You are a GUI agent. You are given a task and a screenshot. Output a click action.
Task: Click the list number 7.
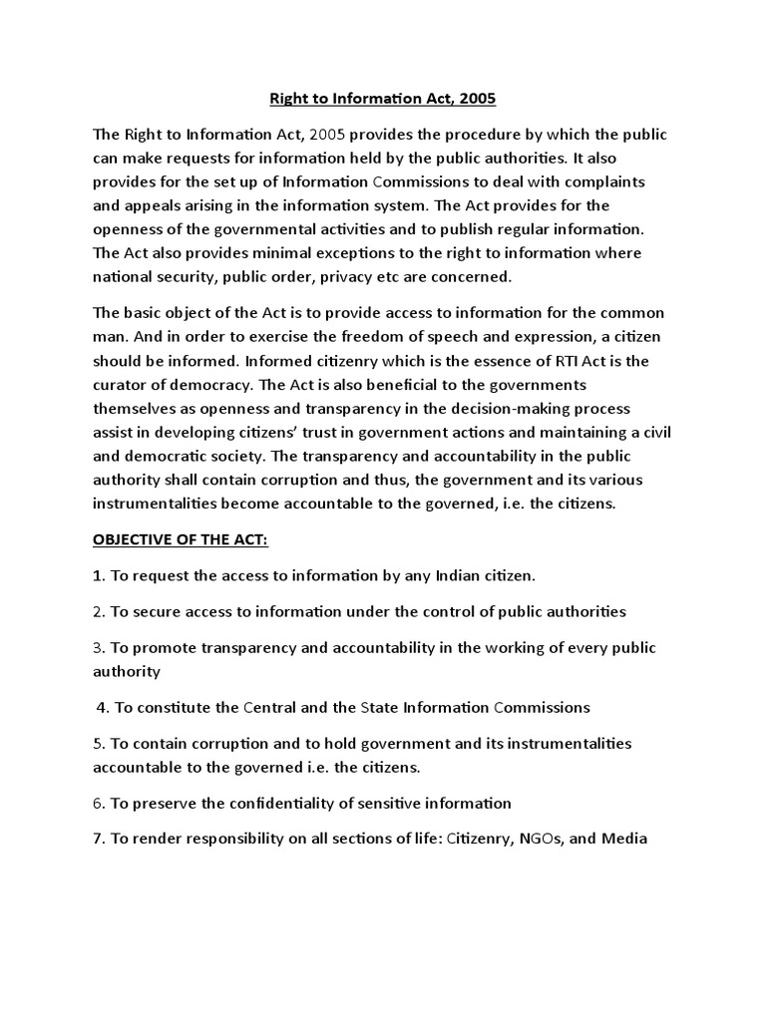98,839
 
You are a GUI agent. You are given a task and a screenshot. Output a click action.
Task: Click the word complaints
604,181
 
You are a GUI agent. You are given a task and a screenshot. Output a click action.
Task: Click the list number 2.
98,611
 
